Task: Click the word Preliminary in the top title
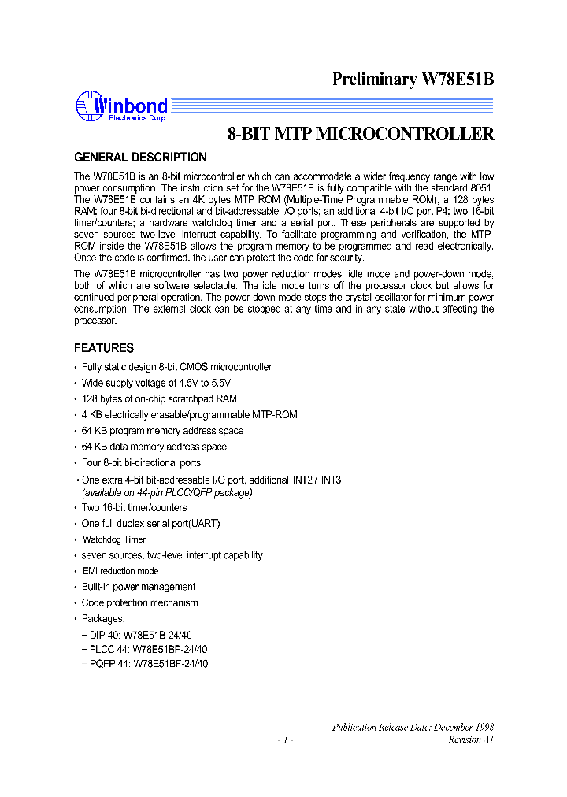373,79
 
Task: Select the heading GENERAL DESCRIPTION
140,157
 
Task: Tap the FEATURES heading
104,347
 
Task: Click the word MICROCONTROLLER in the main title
405,134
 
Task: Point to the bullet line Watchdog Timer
114,539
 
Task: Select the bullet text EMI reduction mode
120,571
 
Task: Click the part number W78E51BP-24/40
170,649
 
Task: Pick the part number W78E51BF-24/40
170,664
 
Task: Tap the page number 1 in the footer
286,740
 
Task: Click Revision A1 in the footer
471,740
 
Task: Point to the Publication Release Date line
413,727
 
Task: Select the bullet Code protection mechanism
140,602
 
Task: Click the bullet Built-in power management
139,587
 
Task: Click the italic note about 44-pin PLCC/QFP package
167,492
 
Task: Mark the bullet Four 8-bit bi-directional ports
141,463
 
